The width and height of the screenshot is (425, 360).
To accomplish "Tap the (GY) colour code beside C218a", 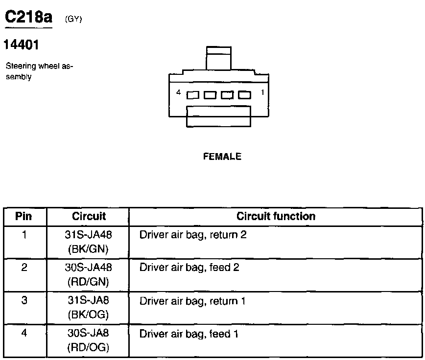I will (x=73, y=20).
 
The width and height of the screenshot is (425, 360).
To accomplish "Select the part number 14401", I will (x=21, y=45).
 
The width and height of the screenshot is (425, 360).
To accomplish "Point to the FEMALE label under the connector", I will (x=222, y=157).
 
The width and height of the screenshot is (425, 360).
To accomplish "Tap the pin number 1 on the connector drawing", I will (x=262, y=92).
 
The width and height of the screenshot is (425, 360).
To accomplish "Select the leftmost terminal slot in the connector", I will (x=192, y=95).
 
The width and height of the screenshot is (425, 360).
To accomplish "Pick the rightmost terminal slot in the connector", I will (x=244, y=95).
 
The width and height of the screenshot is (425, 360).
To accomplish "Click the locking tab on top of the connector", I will (x=218, y=58).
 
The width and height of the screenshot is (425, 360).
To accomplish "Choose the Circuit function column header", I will (x=276, y=216).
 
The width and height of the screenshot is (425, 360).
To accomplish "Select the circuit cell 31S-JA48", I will (x=89, y=235).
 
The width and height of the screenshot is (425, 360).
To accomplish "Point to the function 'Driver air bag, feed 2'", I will (x=189, y=268).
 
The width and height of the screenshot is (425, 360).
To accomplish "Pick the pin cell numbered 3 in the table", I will (x=24, y=300).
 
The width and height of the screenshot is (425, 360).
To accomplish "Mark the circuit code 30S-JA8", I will (x=89, y=334).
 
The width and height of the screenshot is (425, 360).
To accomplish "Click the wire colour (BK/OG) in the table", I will (x=89, y=315).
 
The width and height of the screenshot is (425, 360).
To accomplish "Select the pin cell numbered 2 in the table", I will (x=24, y=268).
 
